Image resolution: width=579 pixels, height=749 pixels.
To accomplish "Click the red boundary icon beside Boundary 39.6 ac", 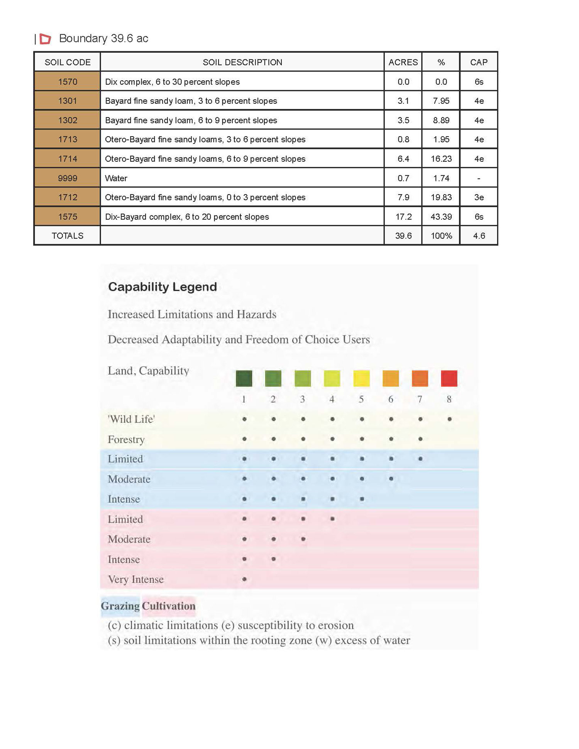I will click(46, 39).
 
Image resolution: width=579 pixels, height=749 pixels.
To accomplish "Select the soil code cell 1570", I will click(68, 82).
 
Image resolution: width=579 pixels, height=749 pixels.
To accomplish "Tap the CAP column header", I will click(479, 62).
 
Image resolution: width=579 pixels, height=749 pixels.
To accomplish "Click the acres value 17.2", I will click(403, 217).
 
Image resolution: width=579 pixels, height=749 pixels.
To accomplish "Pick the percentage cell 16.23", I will click(441, 159).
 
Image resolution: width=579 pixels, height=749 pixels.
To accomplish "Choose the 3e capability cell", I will click(479, 198).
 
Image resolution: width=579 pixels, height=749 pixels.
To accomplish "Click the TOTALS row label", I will click(68, 236).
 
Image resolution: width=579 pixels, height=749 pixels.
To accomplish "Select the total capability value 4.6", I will click(479, 236).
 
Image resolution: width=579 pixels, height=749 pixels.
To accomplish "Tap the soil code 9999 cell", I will click(68, 178).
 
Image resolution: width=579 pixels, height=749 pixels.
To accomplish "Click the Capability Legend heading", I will click(163, 287).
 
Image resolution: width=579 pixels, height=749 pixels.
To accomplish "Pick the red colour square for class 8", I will click(449, 378).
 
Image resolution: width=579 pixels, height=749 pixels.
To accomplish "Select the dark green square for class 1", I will click(244, 378).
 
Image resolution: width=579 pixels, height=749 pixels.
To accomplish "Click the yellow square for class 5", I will click(361, 378).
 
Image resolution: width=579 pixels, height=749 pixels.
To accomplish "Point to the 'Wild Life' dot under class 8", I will click(449, 419).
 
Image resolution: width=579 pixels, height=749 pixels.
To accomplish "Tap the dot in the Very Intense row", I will click(244, 579).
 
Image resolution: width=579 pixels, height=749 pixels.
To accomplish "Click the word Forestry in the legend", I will click(126, 440).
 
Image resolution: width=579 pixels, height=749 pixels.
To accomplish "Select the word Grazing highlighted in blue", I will click(120, 606).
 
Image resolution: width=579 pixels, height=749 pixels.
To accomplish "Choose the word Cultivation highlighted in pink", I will click(169, 606).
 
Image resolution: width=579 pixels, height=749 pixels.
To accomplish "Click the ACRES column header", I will click(403, 62).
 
